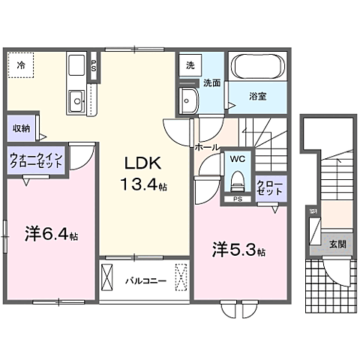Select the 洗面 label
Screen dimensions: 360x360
point(211,84)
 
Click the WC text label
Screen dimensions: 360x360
point(237,159)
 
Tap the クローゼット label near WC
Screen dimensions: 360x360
point(270,187)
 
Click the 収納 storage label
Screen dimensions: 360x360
point(21,127)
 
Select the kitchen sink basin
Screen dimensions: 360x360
point(76,99)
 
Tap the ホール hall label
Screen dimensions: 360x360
point(205,148)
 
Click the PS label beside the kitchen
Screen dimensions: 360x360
point(94,64)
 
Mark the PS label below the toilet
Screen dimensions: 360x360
point(237,199)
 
